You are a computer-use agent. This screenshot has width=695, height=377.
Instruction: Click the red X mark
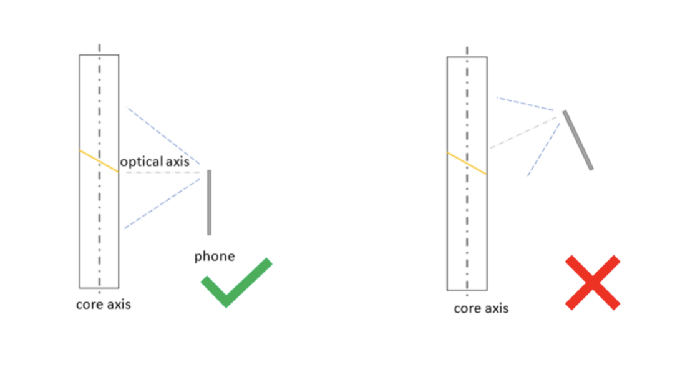coord(593,283)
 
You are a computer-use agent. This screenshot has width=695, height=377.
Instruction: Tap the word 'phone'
coord(215,257)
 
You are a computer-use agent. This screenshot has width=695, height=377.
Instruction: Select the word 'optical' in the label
coord(142,162)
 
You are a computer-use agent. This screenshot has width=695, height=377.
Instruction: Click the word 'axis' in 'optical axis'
coord(178,162)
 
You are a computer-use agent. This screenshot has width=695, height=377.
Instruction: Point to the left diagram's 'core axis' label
coord(104,305)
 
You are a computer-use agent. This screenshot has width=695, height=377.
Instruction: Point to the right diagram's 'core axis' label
coord(481,308)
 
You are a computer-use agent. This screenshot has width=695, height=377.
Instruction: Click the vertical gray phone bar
coord(209,202)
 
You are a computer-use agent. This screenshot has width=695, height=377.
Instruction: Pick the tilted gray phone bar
coord(578,140)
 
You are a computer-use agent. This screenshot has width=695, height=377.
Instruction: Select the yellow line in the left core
coord(99,162)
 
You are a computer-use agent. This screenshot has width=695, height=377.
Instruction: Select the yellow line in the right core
coord(467,163)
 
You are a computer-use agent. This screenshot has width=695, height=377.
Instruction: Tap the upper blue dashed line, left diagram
coord(163,135)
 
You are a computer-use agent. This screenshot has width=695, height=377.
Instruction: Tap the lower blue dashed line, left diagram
coord(163,203)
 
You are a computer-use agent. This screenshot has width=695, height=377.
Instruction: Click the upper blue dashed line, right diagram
coord(526,104)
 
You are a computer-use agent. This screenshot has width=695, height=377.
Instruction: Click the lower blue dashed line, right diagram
coord(544,149)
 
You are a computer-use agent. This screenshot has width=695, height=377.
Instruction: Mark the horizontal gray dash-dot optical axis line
coord(163,172)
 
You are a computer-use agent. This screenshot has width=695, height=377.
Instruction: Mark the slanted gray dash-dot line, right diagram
coord(523,132)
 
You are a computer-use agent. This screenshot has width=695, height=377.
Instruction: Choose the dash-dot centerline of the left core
coord(99,169)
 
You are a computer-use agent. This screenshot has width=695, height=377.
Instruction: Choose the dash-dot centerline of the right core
coord(467,171)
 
